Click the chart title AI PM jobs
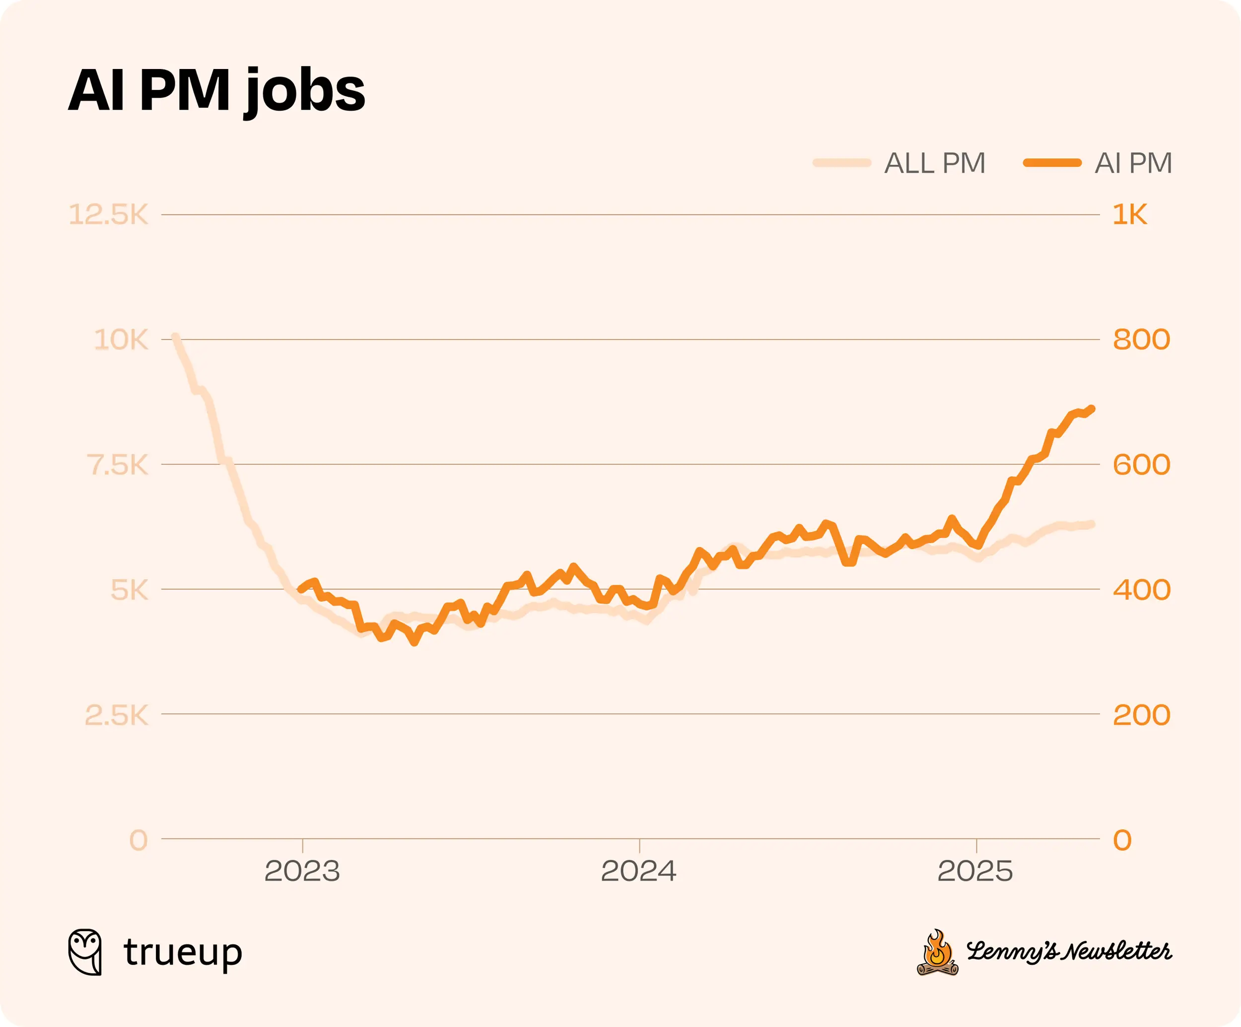point(216,90)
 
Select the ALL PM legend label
point(934,163)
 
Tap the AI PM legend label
point(1133,163)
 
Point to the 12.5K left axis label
point(109,214)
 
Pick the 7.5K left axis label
point(117,465)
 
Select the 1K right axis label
point(1129,214)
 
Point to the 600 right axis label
point(1141,465)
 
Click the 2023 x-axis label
point(302,871)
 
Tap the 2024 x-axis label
point(638,871)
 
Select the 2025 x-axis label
point(975,871)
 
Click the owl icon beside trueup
point(85,952)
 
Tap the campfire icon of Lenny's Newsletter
point(937,953)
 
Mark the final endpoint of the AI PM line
point(1092,409)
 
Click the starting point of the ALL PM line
point(175,337)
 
